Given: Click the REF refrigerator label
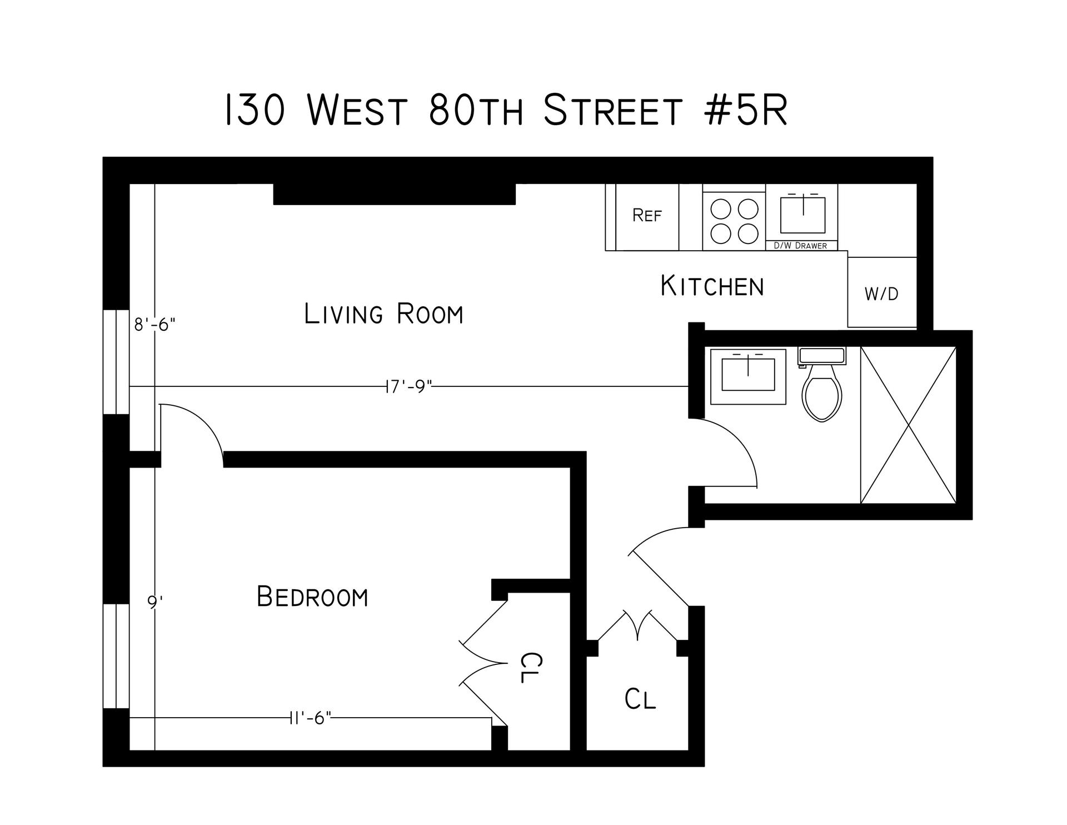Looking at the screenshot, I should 647,216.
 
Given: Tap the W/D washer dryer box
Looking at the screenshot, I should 881,293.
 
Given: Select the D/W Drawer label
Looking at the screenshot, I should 801,246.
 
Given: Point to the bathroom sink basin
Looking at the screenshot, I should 748,375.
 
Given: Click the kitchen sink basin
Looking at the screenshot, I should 802,215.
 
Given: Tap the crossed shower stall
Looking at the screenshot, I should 908,425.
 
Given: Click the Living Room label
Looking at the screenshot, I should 383,314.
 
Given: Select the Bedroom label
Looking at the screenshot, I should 312,598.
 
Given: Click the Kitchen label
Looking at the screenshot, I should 712,286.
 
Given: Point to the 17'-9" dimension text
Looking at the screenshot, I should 408,386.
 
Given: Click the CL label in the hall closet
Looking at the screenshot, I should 640,699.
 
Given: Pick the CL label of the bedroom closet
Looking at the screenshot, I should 530,667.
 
